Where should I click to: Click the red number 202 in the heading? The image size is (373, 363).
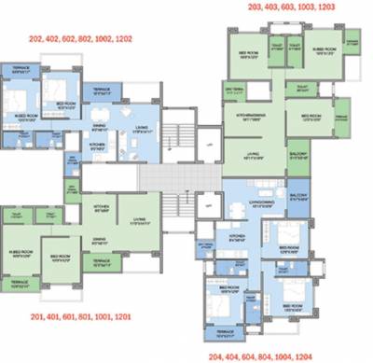[38, 40]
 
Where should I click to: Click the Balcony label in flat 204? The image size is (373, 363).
[298, 194]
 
